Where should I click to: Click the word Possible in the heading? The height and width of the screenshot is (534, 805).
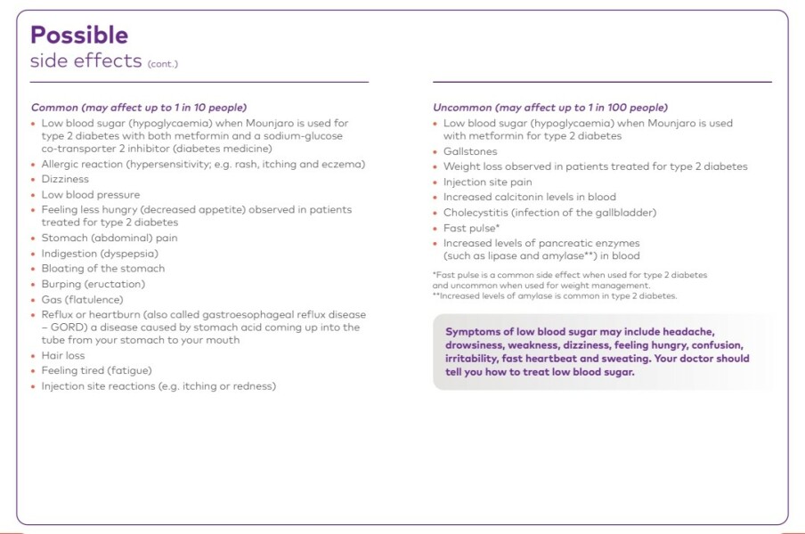click(79, 35)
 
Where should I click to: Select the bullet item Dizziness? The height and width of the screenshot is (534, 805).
click(65, 179)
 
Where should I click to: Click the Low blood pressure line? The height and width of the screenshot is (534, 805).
click(90, 194)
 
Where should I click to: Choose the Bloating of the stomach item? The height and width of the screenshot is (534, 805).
click(102, 268)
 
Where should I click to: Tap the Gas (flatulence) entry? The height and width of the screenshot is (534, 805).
click(81, 300)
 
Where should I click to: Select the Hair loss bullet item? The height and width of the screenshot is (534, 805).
click(63, 355)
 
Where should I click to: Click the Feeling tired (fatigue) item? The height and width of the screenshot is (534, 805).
click(96, 370)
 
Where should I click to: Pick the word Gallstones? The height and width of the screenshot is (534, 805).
click(470, 151)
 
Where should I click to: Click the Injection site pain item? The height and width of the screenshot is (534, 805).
click(487, 182)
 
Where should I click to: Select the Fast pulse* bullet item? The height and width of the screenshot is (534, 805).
click(471, 228)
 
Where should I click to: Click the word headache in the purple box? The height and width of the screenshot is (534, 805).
click(689, 331)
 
